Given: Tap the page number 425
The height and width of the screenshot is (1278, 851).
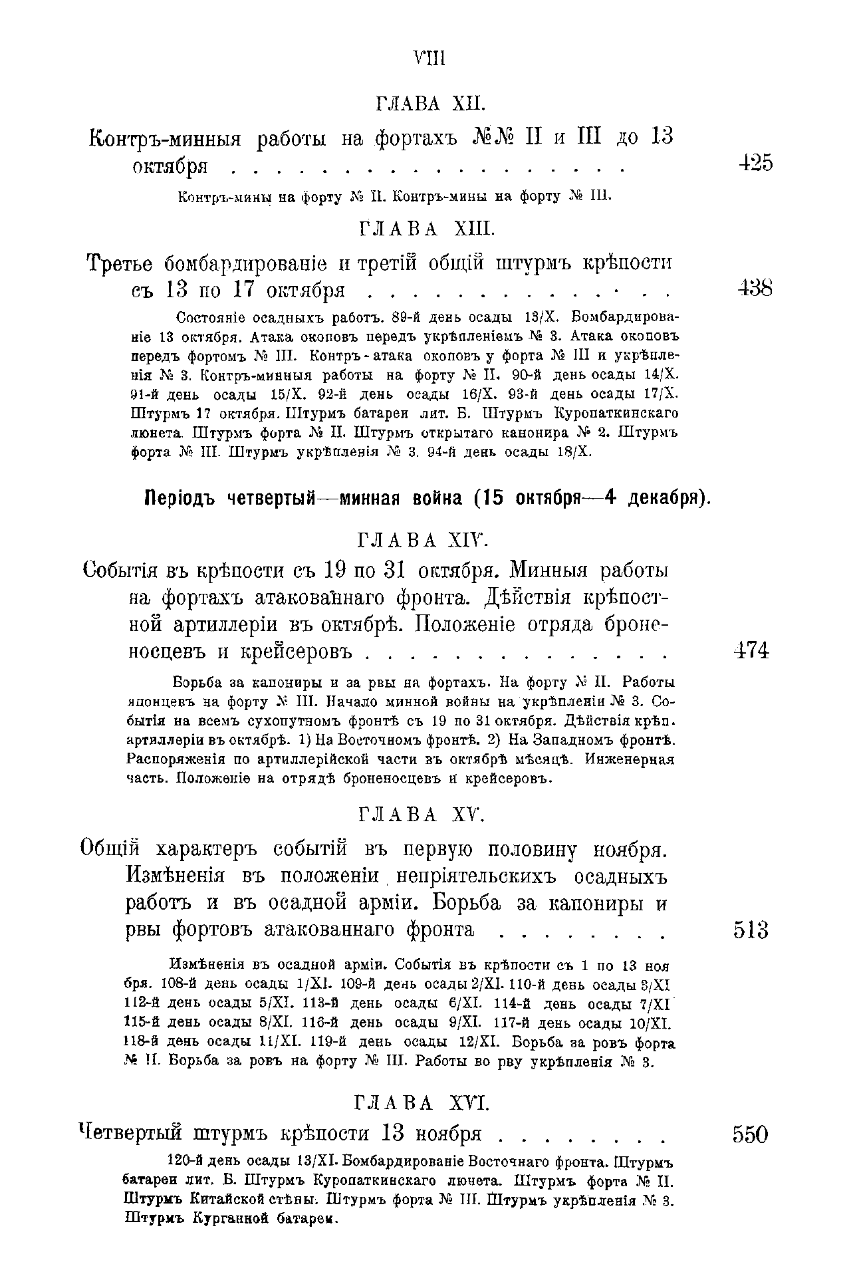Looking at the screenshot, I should [x=755, y=163].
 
